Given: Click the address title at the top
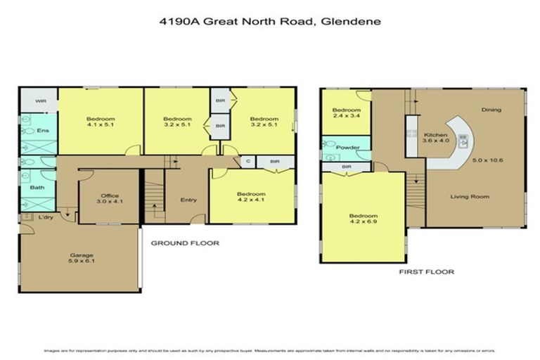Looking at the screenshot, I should (270, 21).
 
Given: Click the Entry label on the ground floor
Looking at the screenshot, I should (188, 200).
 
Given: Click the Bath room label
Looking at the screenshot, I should (37, 188).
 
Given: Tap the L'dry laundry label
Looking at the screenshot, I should (46, 217).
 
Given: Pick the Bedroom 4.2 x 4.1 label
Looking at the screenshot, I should (251, 198).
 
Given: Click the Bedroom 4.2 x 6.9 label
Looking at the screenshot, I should (363, 219).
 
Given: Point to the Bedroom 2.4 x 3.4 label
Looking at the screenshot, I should (346, 114).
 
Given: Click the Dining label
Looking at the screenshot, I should (491, 110).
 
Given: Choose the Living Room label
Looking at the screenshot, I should (470, 196).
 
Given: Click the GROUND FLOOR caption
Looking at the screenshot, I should (186, 243).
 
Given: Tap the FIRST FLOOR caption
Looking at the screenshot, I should (427, 271).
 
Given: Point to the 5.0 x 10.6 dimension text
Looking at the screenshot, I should (487, 161).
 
